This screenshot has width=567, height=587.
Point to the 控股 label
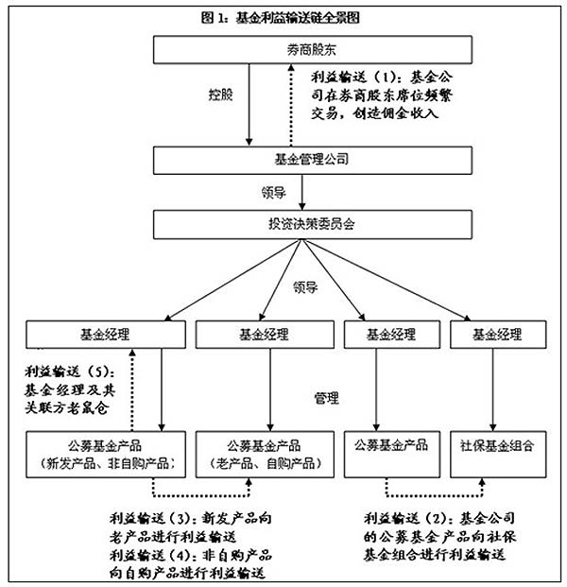221,96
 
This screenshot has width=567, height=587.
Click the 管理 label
326,399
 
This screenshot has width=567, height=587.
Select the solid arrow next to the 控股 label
249,104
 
